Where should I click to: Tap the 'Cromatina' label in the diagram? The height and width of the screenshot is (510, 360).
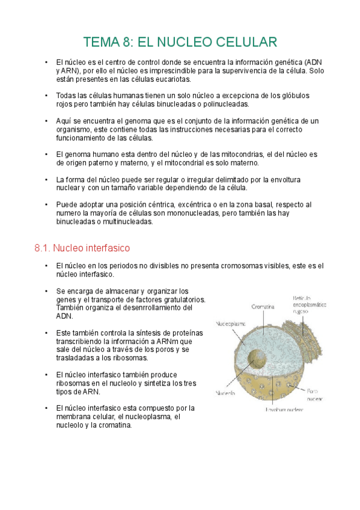click(263, 306)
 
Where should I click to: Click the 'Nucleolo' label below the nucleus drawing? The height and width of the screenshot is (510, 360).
click(225, 394)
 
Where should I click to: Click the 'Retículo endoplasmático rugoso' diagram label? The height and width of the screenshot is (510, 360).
click(310, 304)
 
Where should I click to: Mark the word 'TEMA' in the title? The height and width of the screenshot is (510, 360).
click(102, 42)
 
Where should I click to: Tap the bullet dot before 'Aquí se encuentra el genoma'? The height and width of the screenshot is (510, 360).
click(46, 121)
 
